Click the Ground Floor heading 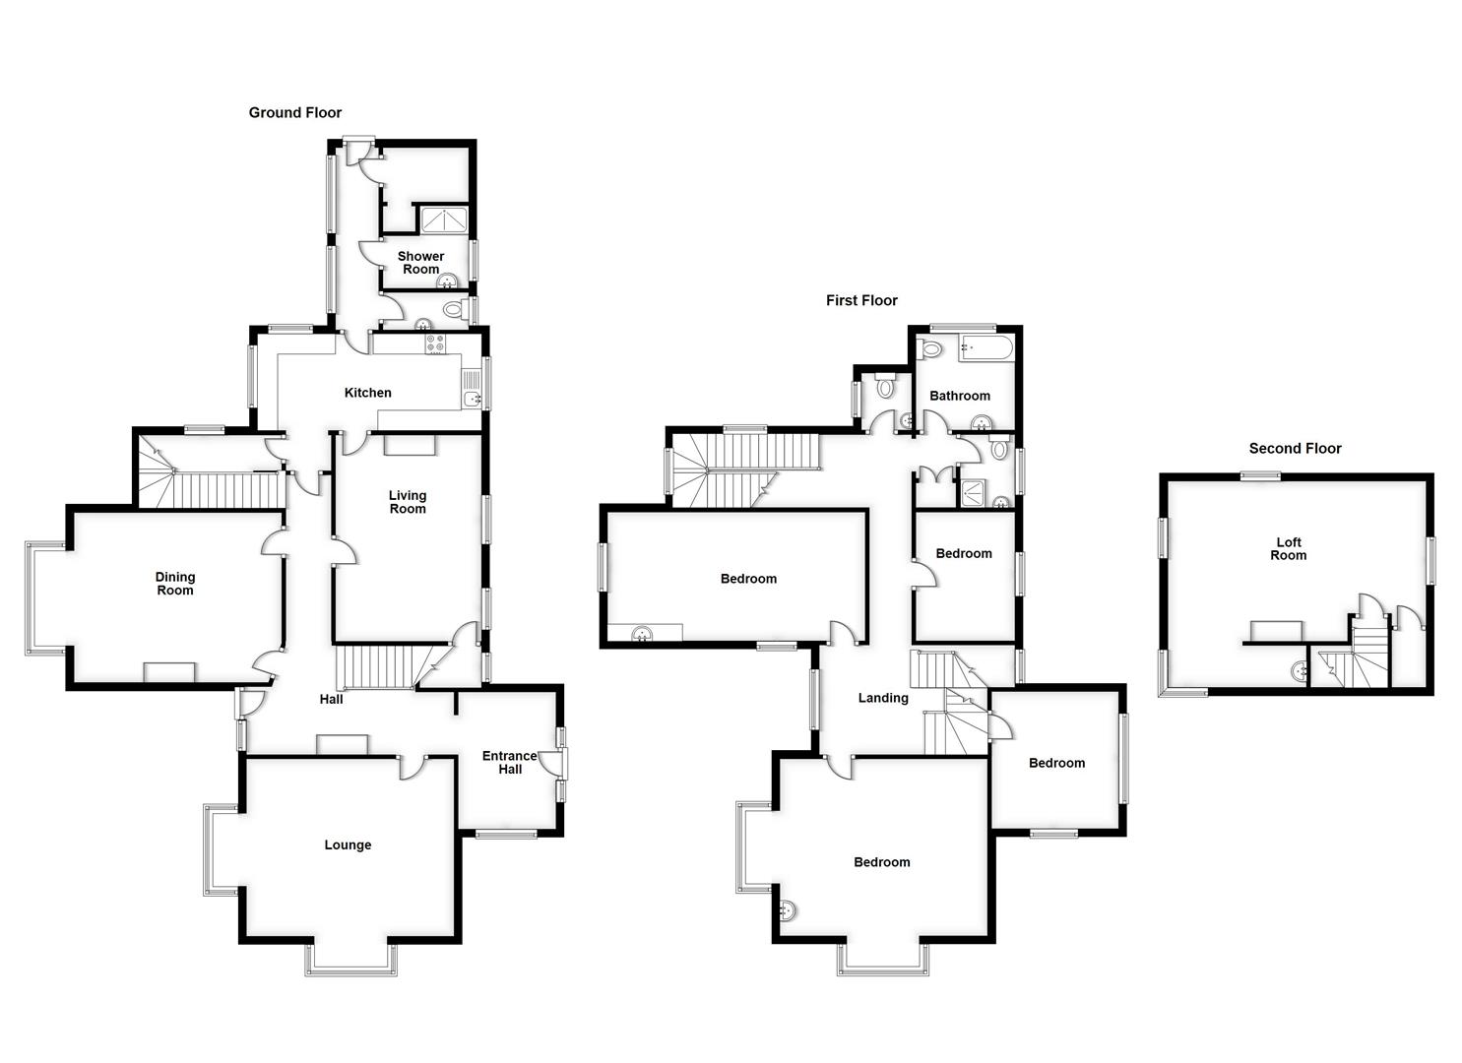tap(294, 113)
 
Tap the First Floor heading tap(861, 300)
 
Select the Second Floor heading tap(1295, 449)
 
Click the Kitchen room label tap(367, 393)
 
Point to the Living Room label tap(408, 502)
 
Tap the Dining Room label tap(175, 584)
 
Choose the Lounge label tap(348, 844)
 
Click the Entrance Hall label tap(510, 762)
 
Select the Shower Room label tap(420, 263)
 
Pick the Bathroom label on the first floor tap(960, 396)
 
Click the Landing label tap(883, 698)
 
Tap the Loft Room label tap(1288, 548)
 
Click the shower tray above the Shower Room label tap(442, 219)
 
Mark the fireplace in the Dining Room tap(170, 672)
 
